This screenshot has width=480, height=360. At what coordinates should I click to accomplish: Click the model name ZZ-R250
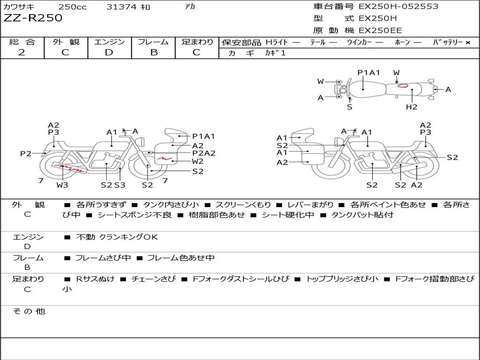click(x=33, y=18)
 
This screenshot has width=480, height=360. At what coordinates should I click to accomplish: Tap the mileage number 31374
click(x=121, y=7)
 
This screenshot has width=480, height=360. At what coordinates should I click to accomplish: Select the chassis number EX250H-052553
click(x=398, y=7)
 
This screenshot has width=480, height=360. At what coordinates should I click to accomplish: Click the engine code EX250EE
click(x=380, y=31)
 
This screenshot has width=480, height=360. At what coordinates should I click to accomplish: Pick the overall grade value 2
click(x=22, y=52)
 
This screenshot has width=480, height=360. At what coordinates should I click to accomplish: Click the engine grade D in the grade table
click(x=109, y=52)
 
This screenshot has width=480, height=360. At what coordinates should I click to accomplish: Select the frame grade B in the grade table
click(x=154, y=52)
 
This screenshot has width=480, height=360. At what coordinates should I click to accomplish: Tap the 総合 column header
click(x=22, y=42)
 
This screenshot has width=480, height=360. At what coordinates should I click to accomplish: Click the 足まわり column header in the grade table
click(x=197, y=42)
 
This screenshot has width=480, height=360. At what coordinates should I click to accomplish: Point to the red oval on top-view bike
click(x=402, y=85)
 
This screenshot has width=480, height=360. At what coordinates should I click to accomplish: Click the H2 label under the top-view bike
click(x=412, y=107)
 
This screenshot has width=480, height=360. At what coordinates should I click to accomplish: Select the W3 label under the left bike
click(x=62, y=185)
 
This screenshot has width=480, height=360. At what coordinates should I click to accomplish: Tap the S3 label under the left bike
click(x=120, y=185)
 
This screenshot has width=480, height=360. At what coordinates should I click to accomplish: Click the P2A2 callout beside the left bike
click(x=204, y=153)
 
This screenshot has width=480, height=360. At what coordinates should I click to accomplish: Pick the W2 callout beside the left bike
click(x=198, y=162)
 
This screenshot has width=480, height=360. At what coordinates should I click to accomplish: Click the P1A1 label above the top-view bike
click(x=368, y=73)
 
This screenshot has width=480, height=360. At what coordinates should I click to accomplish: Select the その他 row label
click(x=29, y=311)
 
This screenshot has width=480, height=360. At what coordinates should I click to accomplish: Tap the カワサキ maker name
click(x=21, y=7)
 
